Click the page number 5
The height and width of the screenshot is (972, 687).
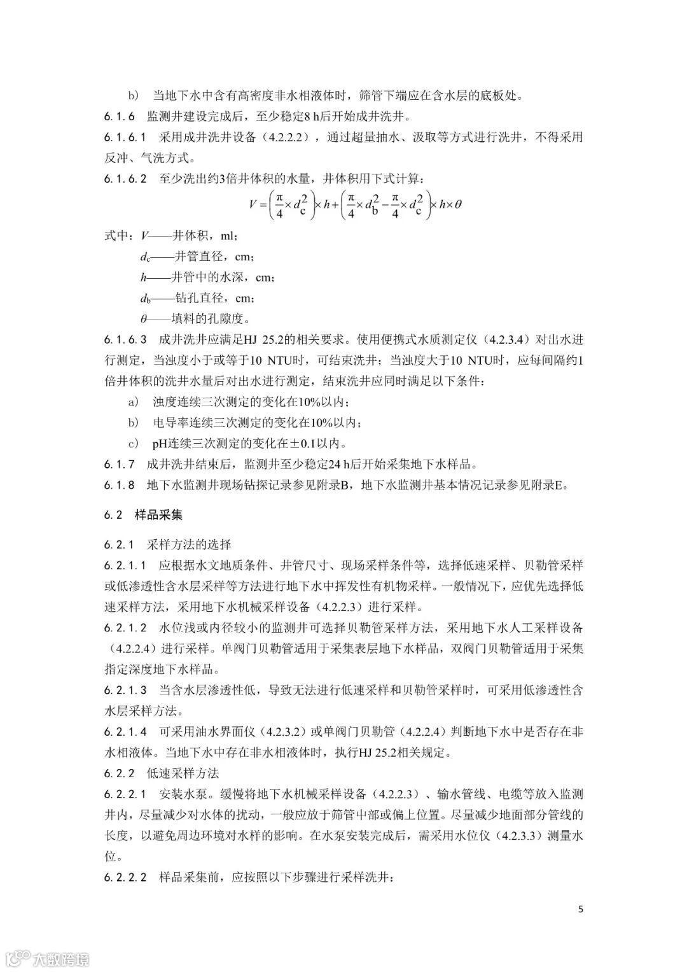click(580, 908)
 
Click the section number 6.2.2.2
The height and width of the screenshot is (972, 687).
click(125, 877)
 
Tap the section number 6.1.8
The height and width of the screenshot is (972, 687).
click(119, 485)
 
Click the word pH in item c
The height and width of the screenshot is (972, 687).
click(158, 443)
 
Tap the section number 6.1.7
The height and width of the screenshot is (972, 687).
click(119, 464)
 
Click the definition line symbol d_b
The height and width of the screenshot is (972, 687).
click(145, 298)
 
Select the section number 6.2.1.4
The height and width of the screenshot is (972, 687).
click(125, 731)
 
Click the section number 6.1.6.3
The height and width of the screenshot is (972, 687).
click(125, 339)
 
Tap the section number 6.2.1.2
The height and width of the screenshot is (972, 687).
click(125, 628)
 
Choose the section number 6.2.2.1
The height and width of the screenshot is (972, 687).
click(125, 794)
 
